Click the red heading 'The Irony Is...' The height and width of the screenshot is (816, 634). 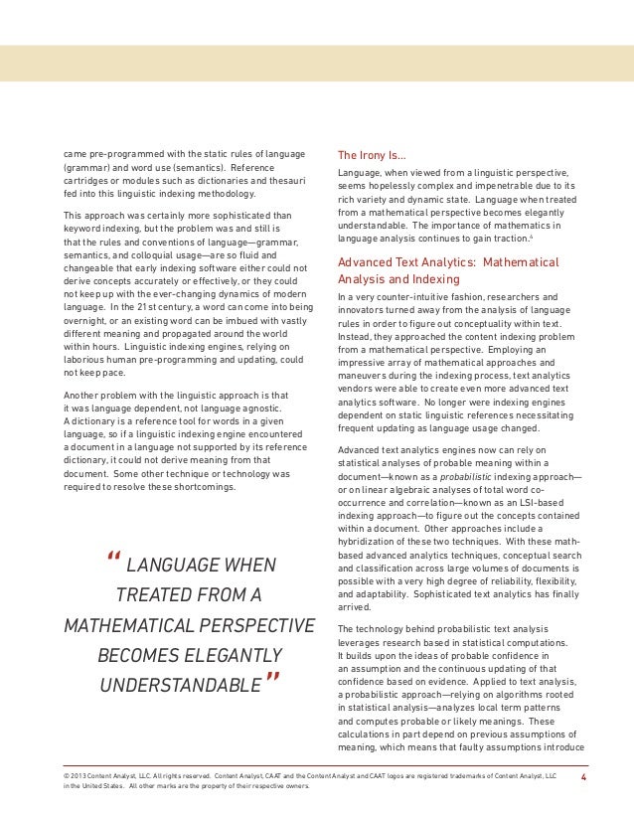point(371,155)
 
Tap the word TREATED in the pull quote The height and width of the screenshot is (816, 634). point(156,597)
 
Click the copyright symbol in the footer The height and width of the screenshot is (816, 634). point(65,770)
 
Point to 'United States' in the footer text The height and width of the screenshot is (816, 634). point(108,785)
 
